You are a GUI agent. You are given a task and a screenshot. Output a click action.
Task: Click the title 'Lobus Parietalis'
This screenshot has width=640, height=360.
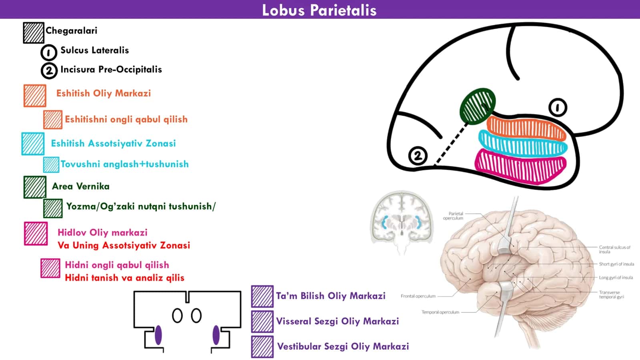[x=319, y=10]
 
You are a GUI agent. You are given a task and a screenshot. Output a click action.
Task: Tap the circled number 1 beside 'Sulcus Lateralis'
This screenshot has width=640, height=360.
[x=48, y=52]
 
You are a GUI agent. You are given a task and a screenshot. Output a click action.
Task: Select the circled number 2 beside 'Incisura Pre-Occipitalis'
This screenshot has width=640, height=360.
[x=49, y=70]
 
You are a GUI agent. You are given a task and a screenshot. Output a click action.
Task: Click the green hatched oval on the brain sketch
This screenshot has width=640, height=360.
[x=478, y=106]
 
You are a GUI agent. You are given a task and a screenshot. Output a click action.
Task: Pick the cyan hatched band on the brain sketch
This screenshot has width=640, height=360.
[x=523, y=144]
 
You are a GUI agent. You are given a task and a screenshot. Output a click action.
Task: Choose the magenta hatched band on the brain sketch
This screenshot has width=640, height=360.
[x=520, y=167]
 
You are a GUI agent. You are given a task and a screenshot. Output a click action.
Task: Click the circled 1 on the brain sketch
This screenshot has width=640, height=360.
[x=558, y=108]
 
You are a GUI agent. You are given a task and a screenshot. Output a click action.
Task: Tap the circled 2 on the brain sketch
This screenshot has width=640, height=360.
[x=418, y=156]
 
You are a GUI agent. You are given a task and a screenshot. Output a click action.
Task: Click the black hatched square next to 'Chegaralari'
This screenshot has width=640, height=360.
[x=34, y=33]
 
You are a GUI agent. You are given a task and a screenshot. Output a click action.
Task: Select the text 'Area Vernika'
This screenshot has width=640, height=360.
[x=80, y=186]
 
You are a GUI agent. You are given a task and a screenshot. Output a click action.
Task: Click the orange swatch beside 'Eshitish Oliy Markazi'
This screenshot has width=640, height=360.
[x=35, y=96]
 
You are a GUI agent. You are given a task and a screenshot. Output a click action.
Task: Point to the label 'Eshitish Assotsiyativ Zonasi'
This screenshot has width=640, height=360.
[x=114, y=143]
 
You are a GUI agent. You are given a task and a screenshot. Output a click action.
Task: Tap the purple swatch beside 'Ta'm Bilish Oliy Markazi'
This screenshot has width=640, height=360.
[x=262, y=296]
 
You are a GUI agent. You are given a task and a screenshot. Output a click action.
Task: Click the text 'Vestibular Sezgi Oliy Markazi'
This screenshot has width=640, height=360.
[x=343, y=346]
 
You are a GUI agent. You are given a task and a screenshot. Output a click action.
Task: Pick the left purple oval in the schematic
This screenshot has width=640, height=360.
[x=158, y=335]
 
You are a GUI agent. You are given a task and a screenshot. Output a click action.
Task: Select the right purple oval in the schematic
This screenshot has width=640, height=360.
[x=216, y=335]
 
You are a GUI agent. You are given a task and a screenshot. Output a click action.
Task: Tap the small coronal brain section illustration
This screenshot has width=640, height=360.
[x=402, y=223]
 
